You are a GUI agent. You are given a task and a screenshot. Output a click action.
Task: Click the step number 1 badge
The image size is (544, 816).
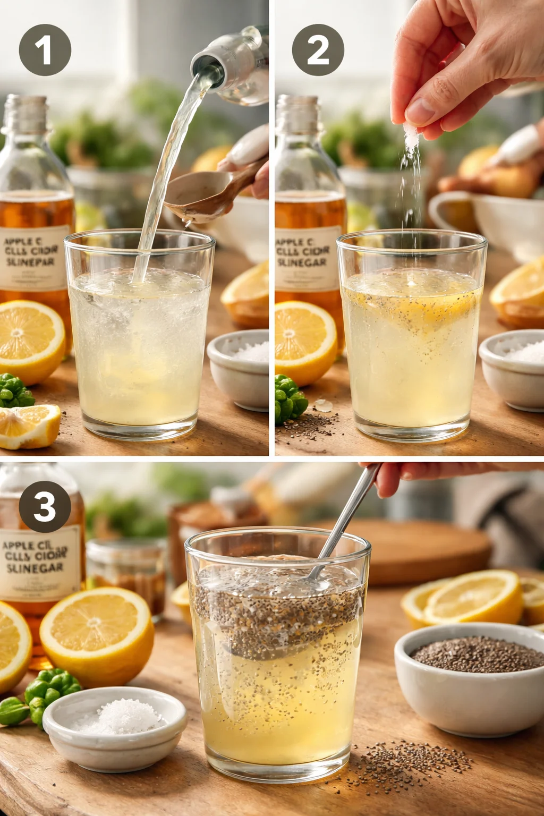click(45, 50)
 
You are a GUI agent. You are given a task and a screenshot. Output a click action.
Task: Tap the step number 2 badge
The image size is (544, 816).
click(318, 50)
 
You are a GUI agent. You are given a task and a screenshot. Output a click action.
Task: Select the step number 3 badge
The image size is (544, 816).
click(45, 506)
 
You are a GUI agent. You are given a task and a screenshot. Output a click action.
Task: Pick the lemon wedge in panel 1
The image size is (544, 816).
click(29, 425)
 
